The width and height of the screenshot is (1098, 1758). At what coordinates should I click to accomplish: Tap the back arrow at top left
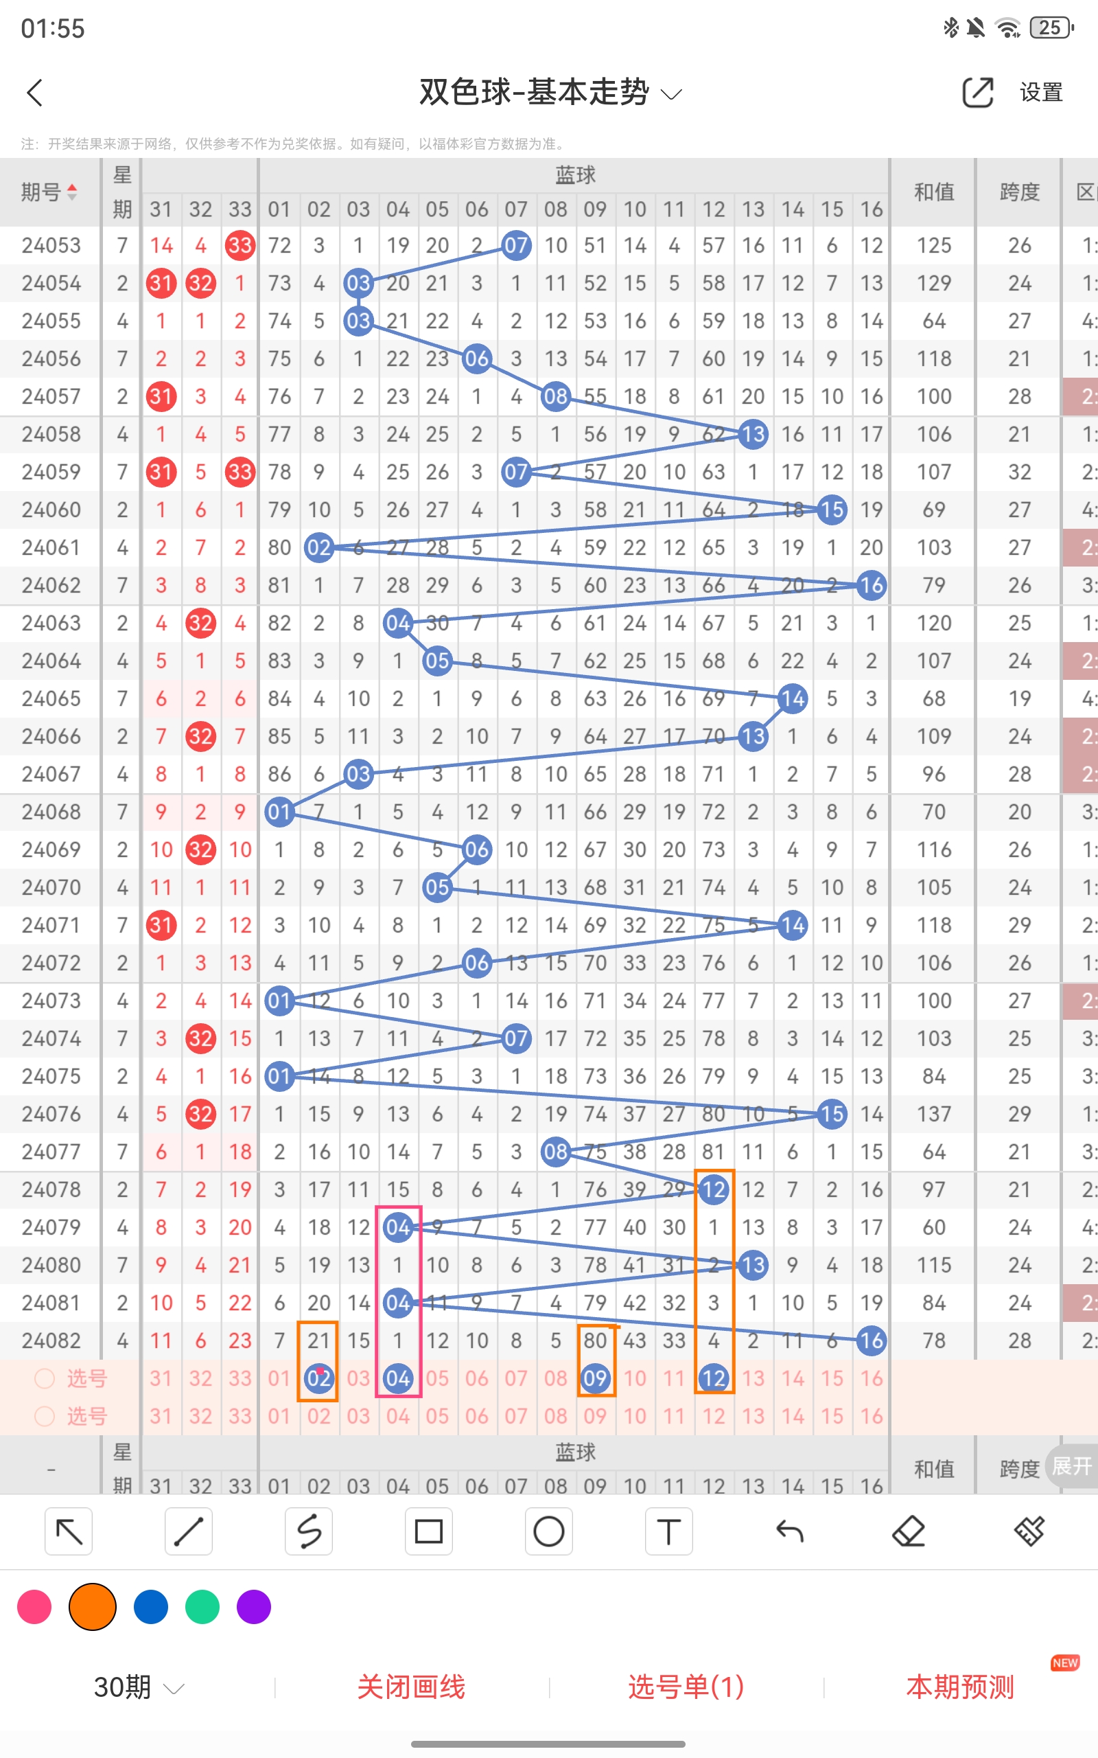point(35,93)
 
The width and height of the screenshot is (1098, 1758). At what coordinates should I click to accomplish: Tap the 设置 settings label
point(1040,93)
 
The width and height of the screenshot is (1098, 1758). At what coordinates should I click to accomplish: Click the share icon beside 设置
point(977,93)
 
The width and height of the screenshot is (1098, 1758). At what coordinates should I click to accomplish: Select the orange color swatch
point(92,1606)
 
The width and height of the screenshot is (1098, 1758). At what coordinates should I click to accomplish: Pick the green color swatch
point(202,1606)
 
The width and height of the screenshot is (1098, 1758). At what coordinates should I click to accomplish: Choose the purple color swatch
point(253,1606)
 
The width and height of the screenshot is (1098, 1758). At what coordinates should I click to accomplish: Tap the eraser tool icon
point(909,1531)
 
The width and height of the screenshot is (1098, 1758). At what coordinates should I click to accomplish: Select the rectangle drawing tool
point(428,1531)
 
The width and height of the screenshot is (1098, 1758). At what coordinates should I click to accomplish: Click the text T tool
point(668,1531)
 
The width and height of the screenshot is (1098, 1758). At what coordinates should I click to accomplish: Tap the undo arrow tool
point(789,1531)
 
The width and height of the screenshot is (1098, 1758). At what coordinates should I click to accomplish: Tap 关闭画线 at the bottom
point(411,1687)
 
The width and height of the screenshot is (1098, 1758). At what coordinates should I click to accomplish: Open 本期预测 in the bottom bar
point(960,1687)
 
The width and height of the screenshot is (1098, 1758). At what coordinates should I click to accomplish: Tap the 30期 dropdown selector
point(138,1687)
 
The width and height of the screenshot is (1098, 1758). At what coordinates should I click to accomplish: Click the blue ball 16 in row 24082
point(872,1340)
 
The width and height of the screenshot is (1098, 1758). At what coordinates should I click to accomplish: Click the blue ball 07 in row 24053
point(515,246)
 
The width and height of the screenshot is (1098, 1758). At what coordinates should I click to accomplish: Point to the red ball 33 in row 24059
point(240,472)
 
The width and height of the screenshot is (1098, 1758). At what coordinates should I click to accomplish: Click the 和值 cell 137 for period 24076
point(934,1114)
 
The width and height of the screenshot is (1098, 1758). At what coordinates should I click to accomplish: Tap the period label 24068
point(51,812)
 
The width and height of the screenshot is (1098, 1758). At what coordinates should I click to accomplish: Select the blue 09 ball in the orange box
point(595,1378)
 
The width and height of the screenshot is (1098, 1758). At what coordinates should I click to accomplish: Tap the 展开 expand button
point(1072,1465)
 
